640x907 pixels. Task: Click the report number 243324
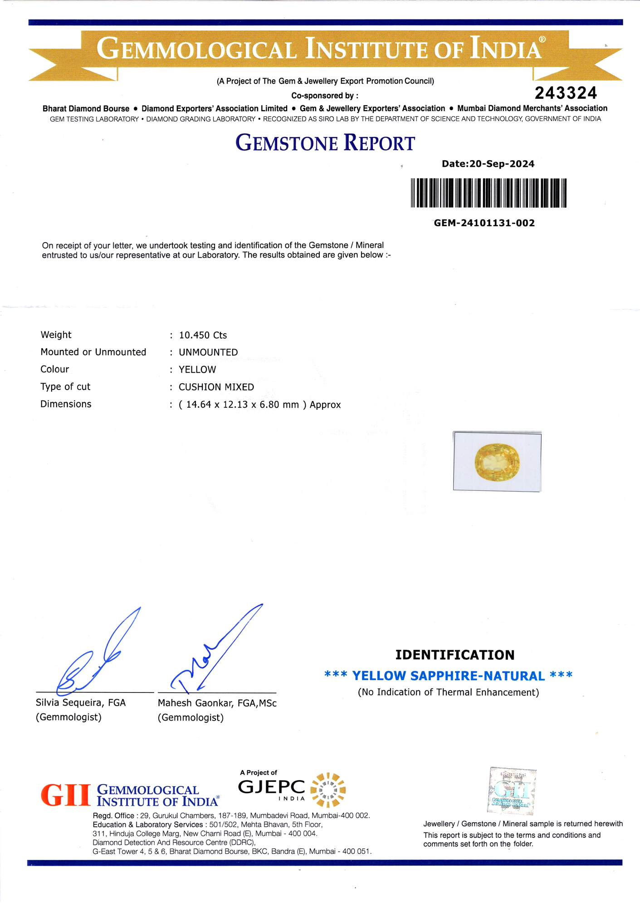[566, 93]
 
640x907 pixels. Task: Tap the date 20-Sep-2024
[502, 164]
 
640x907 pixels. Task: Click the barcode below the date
[489, 193]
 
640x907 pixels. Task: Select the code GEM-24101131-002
[484, 223]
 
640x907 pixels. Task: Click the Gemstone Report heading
[325, 143]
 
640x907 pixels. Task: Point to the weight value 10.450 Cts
[203, 335]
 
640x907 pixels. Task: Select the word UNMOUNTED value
[208, 352]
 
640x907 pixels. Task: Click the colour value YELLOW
[197, 370]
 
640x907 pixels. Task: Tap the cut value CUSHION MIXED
[216, 387]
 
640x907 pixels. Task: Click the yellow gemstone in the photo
[497, 462]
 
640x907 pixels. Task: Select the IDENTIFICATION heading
[454, 655]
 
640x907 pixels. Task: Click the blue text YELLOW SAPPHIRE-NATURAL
[448, 676]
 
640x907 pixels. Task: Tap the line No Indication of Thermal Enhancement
[448, 692]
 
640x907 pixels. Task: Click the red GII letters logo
[66, 796]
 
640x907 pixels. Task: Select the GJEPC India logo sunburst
[327, 790]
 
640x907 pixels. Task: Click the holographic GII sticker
[512, 791]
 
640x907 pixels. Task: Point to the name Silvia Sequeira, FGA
[81, 702]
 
